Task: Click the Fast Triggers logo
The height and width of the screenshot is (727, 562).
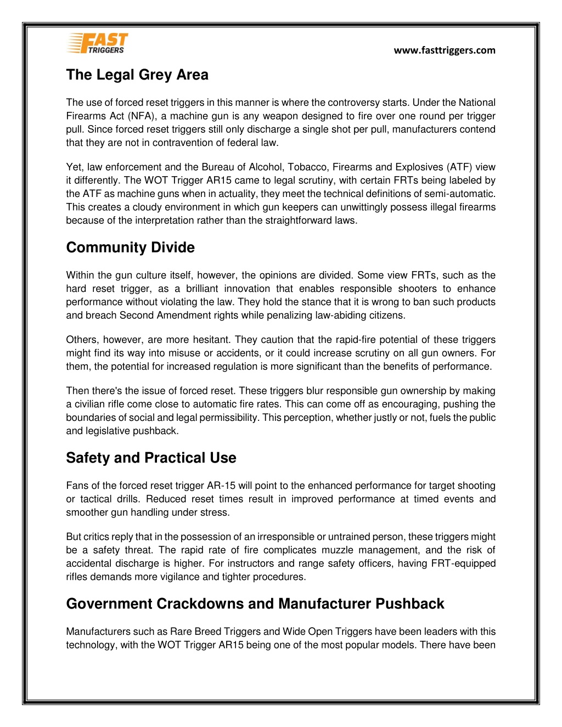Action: (98, 43)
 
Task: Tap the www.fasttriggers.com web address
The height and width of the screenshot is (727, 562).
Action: (445, 50)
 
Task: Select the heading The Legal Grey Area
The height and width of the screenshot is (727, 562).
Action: (137, 75)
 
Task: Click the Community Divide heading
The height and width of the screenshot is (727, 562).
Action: (130, 247)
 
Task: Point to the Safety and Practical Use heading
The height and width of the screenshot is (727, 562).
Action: (151, 458)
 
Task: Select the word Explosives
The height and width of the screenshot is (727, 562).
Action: (418, 167)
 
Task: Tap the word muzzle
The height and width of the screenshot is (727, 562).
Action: (335, 550)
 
